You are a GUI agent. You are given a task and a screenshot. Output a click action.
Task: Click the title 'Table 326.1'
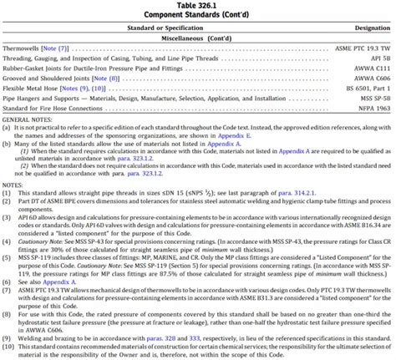tap(198, 6)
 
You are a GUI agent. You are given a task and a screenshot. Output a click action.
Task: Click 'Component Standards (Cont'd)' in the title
tap(198, 15)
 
